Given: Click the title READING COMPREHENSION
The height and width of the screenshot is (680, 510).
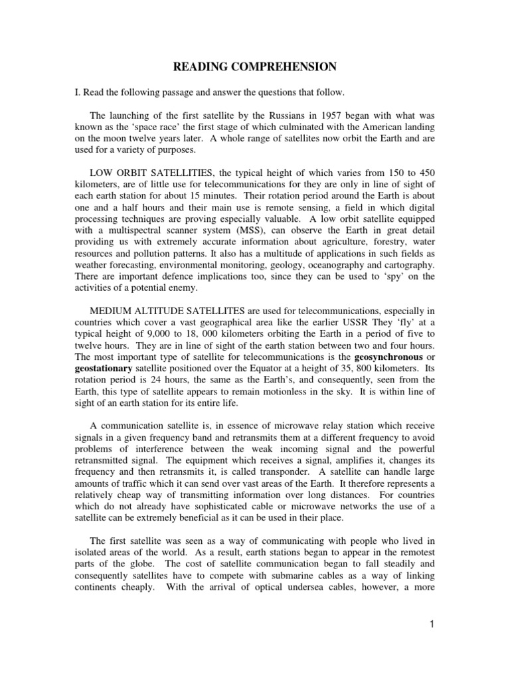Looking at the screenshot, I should tap(255, 66).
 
